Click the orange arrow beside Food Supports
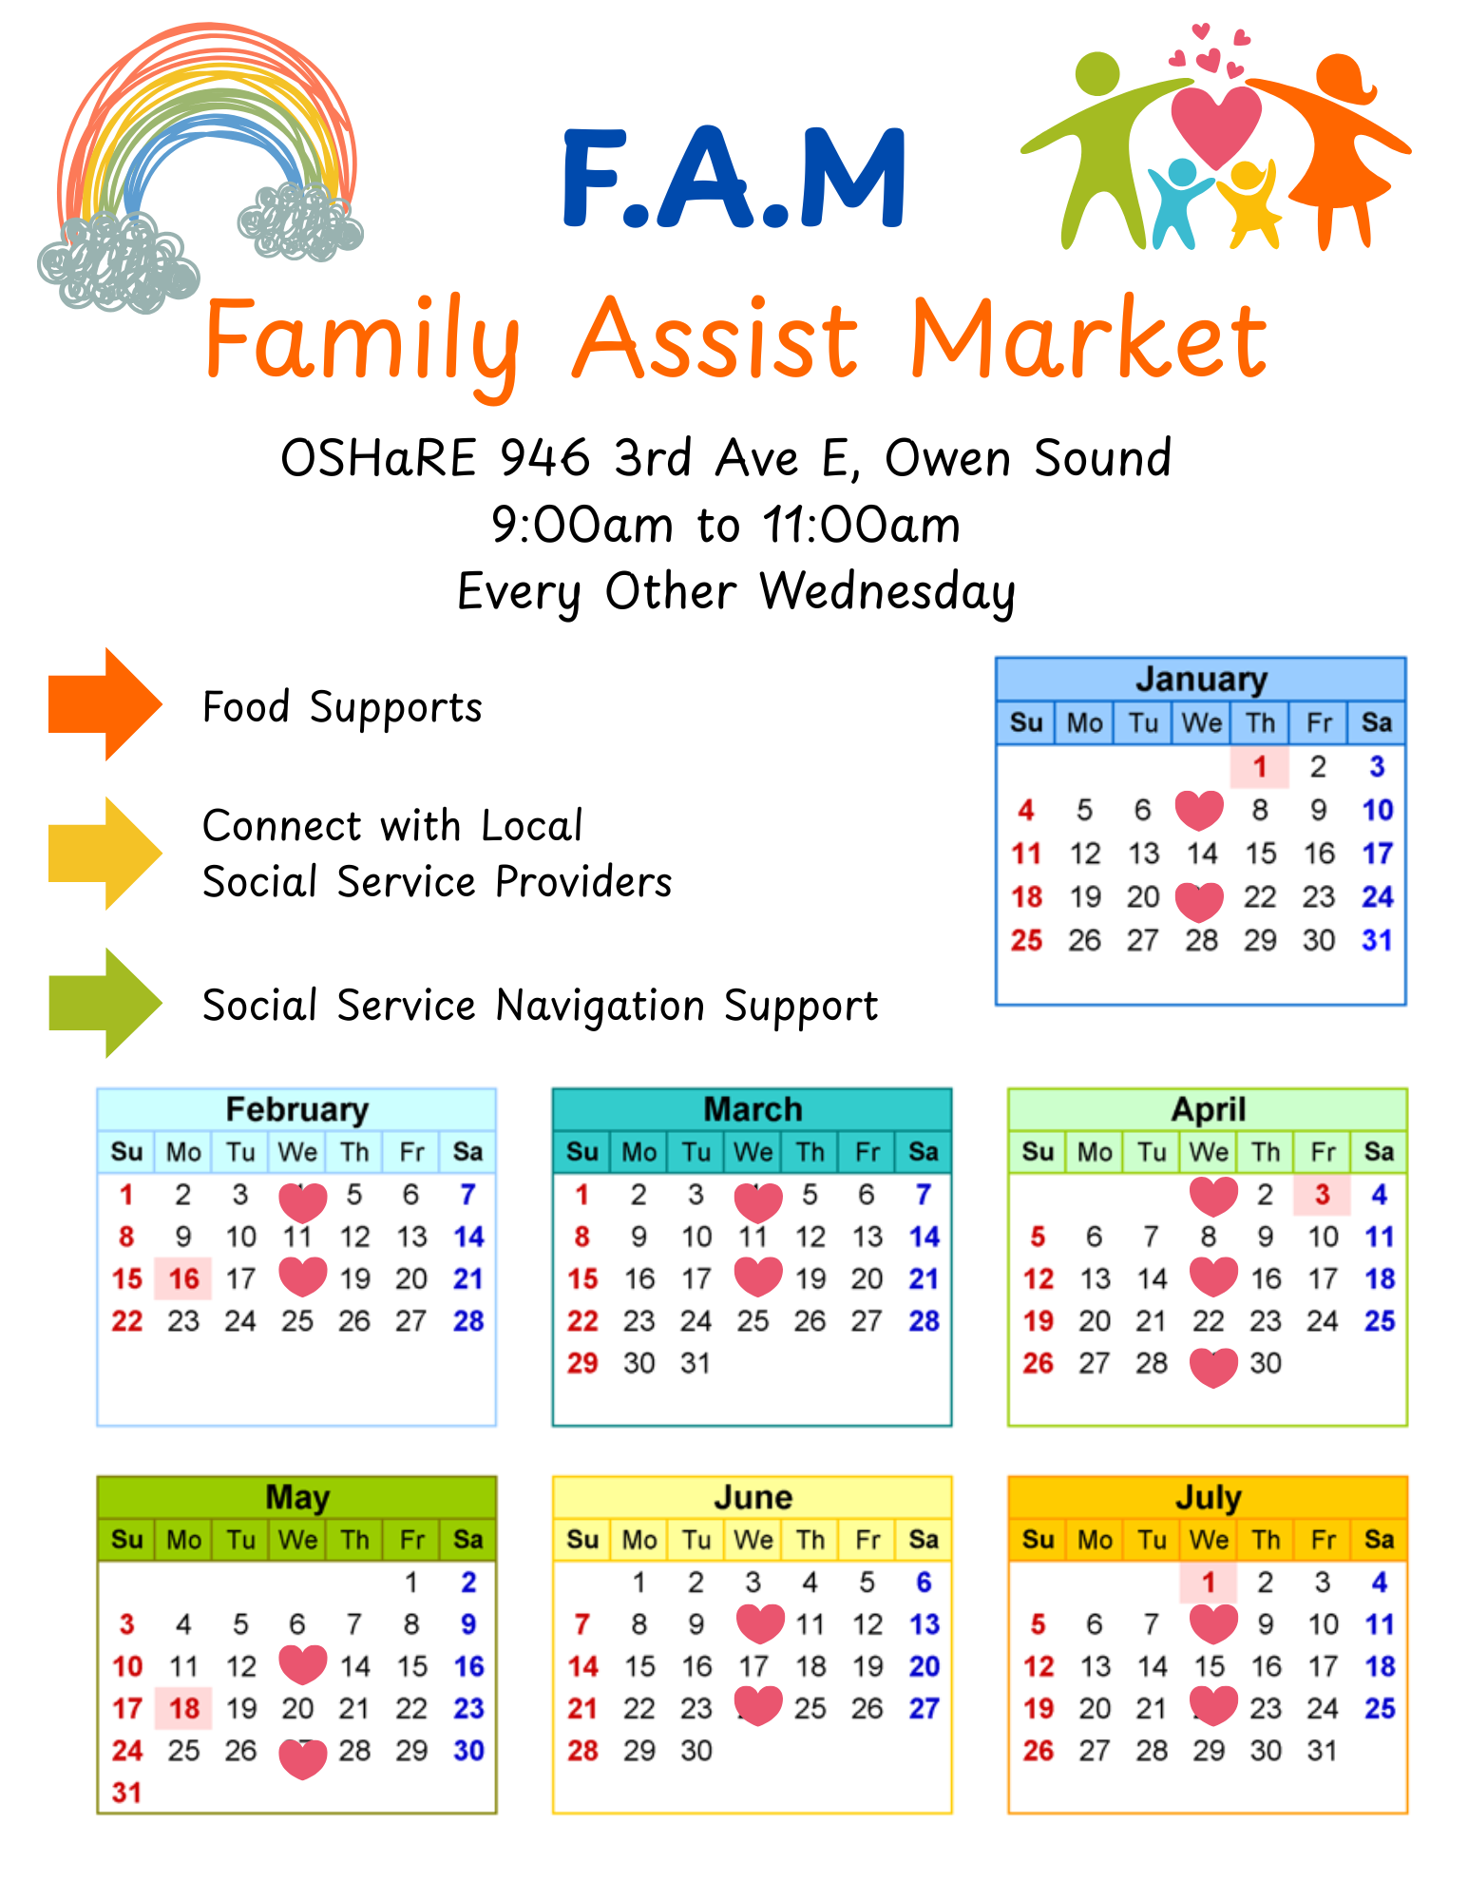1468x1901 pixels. pyautogui.click(x=105, y=704)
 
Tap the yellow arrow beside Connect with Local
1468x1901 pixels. pyautogui.click(x=105, y=854)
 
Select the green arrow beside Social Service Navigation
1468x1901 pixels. pyautogui.click(x=105, y=1003)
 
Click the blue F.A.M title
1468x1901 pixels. pyautogui.click(x=734, y=179)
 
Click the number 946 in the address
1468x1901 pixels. pyautogui.click(x=544, y=457)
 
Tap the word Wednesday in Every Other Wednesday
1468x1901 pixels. pyautogui.click(x=887, y=591)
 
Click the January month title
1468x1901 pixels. pyautogui.click(x=1201, y=679)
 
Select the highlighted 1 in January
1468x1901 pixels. pyautogui.click(x=1260, y=766)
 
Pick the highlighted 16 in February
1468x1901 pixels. pyautogui.click(x=184, y=1278)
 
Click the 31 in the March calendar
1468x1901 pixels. pyautogui.click(x=696, y=1363)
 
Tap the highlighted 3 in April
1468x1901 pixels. pyautogui.click(x=1323, y=1195)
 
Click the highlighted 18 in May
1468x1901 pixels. pyautogui.click(x=184, y=1708)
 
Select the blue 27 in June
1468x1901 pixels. pyautogui.click(x=924, y=1708)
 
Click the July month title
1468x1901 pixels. pyautogui.click(x=1209, y=1497)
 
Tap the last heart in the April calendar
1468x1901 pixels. pyautogui.click(x=1213, y=1367)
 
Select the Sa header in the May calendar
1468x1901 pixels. pyautogui.click(x=467, y=1539)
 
